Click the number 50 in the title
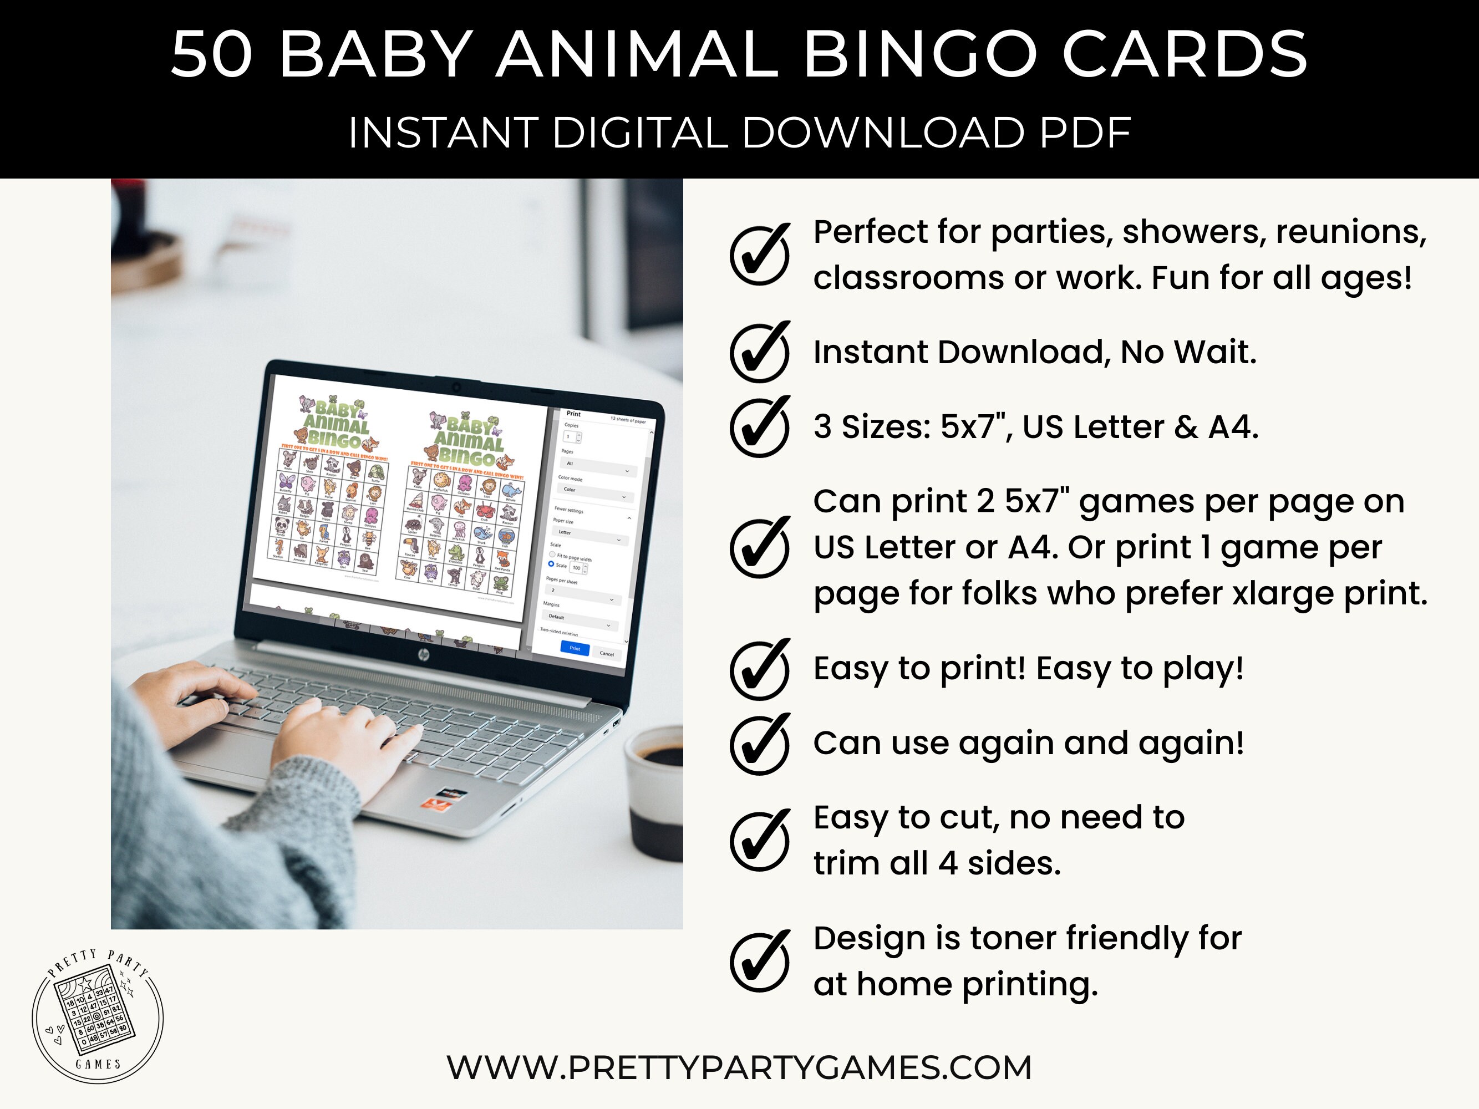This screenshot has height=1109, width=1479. pos(211,55)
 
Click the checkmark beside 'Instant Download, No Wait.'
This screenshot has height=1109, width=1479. pos(760,352)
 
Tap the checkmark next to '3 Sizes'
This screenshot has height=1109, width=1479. pos(760,426)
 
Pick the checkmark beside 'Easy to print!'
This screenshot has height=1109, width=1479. pos(760,669)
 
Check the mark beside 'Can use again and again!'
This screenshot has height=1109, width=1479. pos(760,744)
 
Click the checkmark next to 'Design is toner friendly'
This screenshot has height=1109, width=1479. pos(760,962)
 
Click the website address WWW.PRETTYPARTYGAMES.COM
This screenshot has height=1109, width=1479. pos(739,1067)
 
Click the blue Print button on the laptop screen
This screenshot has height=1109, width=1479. pos(575,648)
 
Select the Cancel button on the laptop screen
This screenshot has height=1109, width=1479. pos(607,653)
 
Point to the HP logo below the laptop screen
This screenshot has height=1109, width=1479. pos(423,654)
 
